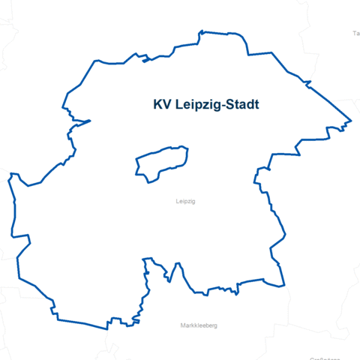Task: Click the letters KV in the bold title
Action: tap(161, 105)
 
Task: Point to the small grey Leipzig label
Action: tap(184, 202)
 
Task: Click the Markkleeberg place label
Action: tap(199, 325)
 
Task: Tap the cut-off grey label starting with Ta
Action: tap(355, 34)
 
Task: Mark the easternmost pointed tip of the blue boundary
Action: tap(351, 121)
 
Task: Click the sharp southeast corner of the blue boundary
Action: tap(285, 286)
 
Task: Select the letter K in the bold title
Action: tap(157, 105)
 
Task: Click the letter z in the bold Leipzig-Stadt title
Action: tap(205, 106)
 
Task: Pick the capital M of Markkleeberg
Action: tap(183, 325)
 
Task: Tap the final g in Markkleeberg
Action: tap(214, 326)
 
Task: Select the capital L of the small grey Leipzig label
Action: tap(176, 202)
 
